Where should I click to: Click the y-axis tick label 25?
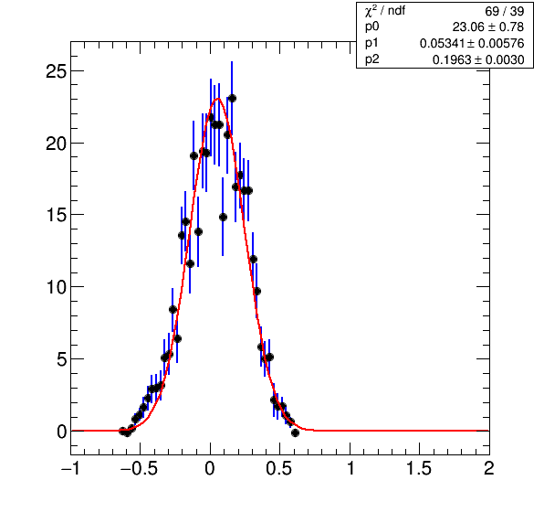click(x=56, y=71)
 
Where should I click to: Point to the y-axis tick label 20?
click(x=56, y=144)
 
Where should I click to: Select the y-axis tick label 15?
click(x=56, y=215)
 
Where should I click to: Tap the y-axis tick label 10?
click(x=56, y=287)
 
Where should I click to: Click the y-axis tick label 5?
click(x=61, y=359)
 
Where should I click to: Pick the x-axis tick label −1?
click(x=71, y=468)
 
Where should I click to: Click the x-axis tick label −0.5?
click(x=139, y=468)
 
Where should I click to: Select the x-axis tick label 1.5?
click(x=419, y=468)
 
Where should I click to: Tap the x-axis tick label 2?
click(x=489, y=468)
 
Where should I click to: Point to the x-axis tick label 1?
click(x=350, y=468)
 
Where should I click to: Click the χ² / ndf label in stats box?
click(x=385, y=11)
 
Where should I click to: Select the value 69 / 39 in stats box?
click(x=505, y=12)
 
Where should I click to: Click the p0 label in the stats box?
click(x=371, y=27)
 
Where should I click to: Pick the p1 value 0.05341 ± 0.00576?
click(x=472, y=43)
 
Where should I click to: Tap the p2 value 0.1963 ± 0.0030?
click(x=478, y=59)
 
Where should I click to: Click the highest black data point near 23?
click(x=232, y=99)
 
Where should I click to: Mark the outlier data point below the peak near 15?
click(x=223, y=218)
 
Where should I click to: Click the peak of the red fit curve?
click(x=218, y=99)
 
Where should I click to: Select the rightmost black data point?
click(x=295, y=432)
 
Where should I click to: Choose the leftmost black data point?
click(x=122, y=431)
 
